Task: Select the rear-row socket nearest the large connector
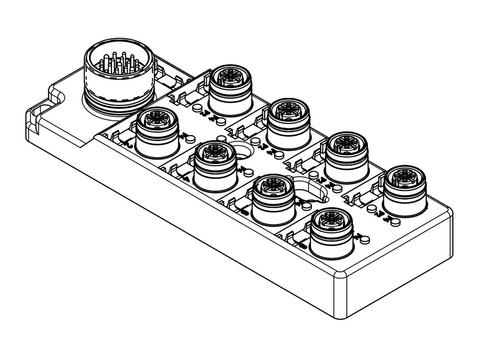[227, 86]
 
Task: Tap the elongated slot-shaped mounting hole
[307, 190]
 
